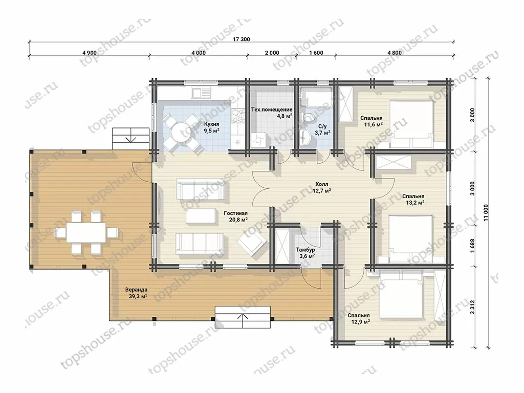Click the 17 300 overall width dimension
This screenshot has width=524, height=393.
[241, 39]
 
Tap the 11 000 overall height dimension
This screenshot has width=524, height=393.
[485, 212]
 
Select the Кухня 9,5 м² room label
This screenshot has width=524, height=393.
[212, 127]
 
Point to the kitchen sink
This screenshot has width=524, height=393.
[201, 92]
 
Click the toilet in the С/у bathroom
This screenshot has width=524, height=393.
[308, 117]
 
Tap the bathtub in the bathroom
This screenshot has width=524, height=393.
[316, 96]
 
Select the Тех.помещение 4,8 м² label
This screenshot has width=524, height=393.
[272, 113]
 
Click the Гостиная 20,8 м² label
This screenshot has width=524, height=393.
[235, 216]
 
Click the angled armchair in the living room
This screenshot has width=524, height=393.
[252, 242]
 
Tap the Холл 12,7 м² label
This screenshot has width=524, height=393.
[321, 187]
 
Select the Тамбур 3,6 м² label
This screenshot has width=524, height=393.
[305, 253]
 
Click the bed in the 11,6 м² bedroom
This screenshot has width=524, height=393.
[411, 124]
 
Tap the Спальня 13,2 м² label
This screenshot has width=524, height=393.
[413, 199]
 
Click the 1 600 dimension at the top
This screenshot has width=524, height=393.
[316, 53]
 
